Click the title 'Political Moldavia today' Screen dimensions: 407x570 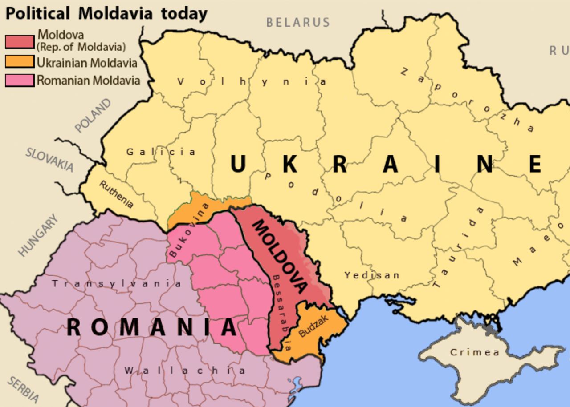[x=106, y=13]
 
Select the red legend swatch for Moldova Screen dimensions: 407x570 [x=20, y=41]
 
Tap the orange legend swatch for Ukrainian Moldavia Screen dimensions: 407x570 [x=20, y=62]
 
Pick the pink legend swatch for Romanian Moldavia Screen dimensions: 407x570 [x=20, y=80]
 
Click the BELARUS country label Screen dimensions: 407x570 [x=298, y=22]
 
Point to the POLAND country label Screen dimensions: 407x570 [x=93, y=116]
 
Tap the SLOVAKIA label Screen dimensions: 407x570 [x=49, y=159]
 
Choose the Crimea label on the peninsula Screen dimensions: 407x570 [x=474, y=352]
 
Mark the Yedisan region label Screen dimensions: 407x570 [x=372, y=275]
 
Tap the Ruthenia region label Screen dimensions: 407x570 [x=116, y=194]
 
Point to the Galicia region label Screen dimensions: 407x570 [x=161, y=152]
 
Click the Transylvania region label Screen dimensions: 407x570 [x=117, y=283]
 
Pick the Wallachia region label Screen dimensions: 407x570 [x=184, y=370]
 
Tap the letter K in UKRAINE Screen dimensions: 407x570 [x=290, y=164]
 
